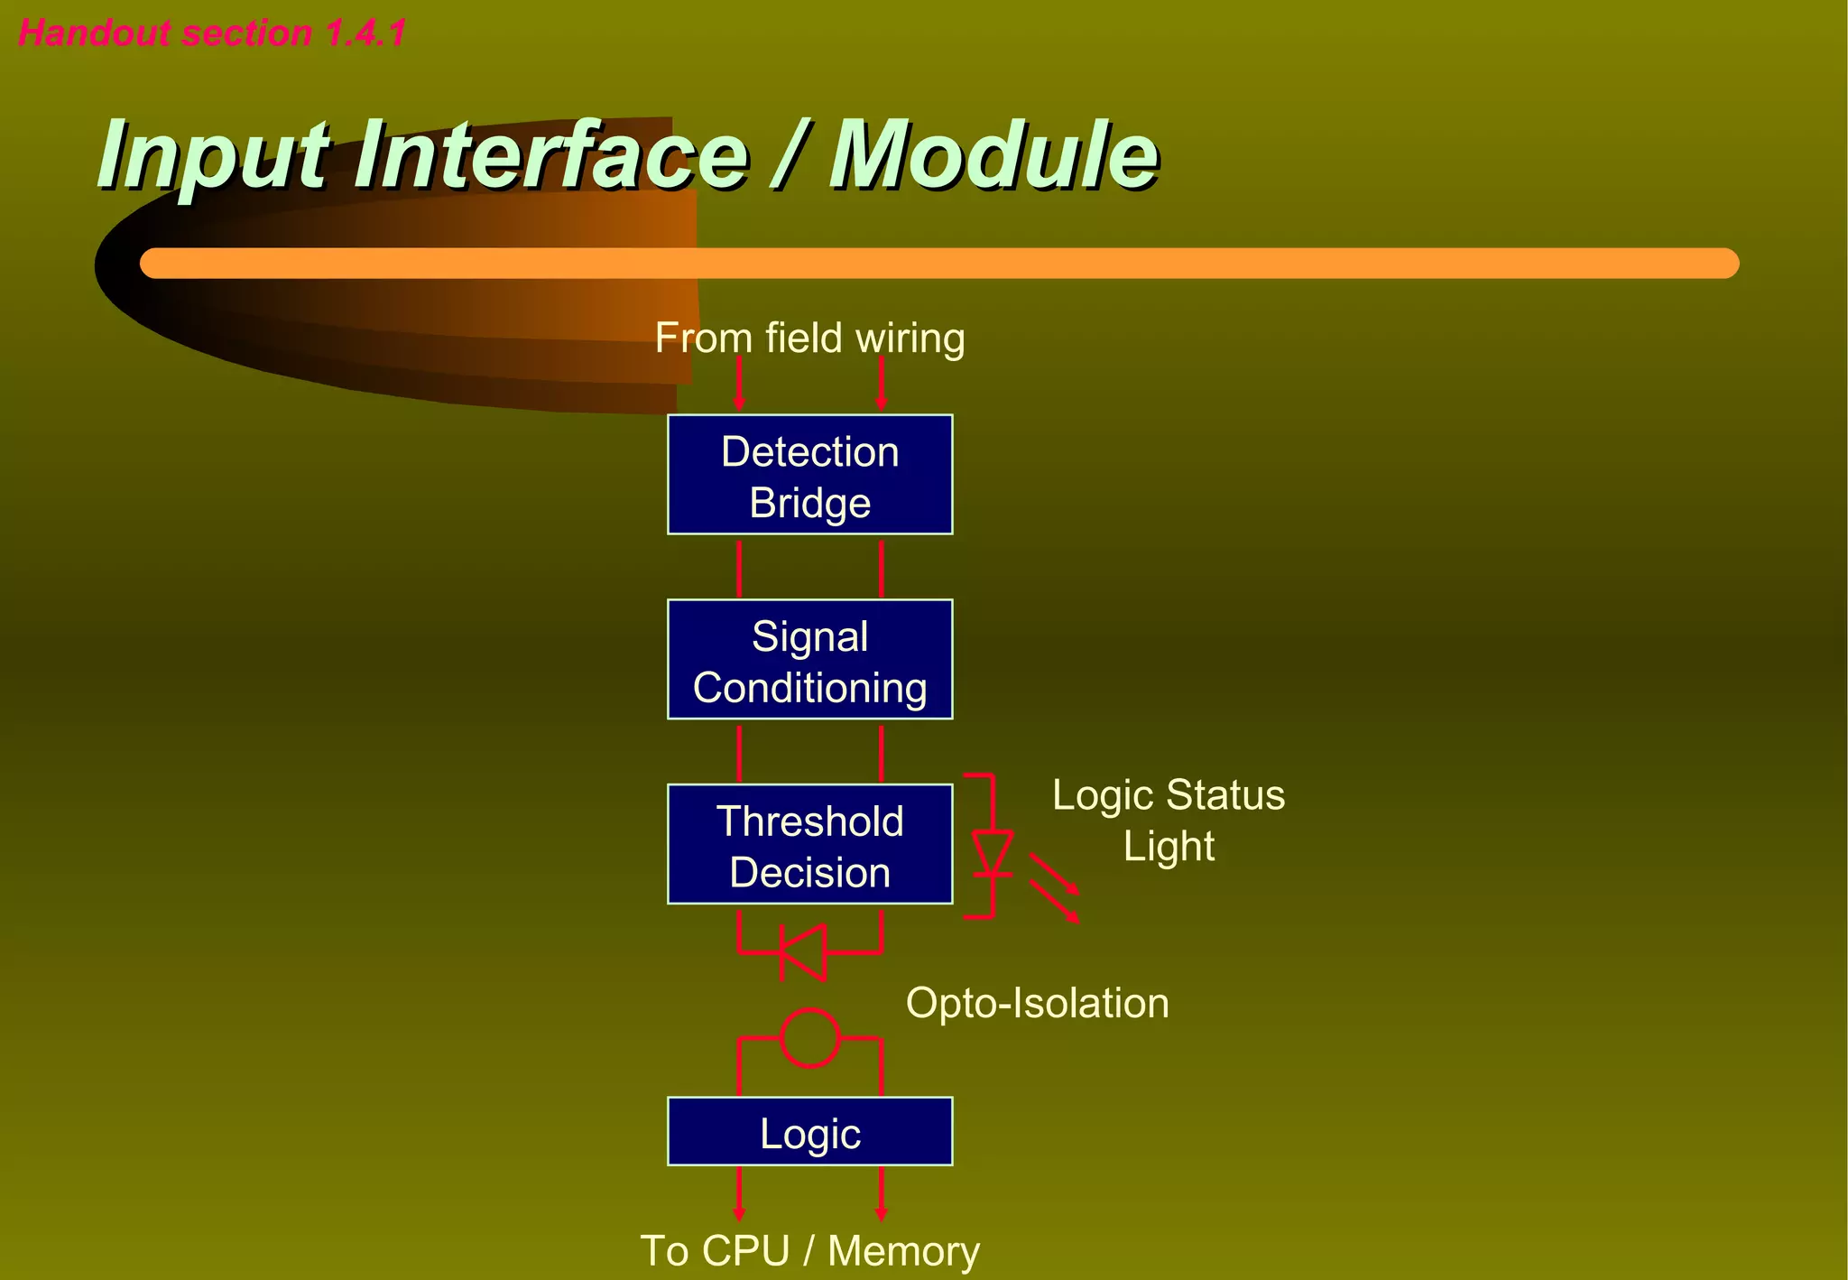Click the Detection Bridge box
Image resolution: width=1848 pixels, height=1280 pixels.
pos(809,475)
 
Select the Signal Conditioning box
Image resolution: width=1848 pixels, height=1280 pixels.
pos(809,660)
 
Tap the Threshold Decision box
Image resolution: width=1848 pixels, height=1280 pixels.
pos(809,845)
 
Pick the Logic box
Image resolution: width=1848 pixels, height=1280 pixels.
pos(809,1132)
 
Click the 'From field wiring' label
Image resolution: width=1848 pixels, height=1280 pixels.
pos(809,339)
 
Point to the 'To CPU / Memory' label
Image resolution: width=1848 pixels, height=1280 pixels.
pos(809,1251)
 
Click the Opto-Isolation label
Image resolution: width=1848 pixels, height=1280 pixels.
pos(1037,1004)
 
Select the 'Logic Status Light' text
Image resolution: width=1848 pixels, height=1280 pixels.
pos(1168,820)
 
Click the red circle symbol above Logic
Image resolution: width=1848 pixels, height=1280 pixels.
pos(809,1038)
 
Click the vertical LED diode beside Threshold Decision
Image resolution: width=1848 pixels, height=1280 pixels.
pos(993,853)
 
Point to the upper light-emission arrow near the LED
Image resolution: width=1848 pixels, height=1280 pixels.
pos(1054,873)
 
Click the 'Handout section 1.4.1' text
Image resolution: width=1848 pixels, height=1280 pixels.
pos(212,33)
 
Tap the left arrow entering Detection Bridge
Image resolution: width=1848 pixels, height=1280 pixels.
pos(739,384)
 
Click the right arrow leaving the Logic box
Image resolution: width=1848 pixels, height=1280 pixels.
pos(881,1193)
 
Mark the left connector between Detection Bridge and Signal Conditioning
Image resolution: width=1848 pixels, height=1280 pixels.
pos(739,568)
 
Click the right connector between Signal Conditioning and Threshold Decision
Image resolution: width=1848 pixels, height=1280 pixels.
pos(881,753)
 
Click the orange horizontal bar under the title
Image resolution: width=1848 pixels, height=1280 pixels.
pos(938,264)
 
